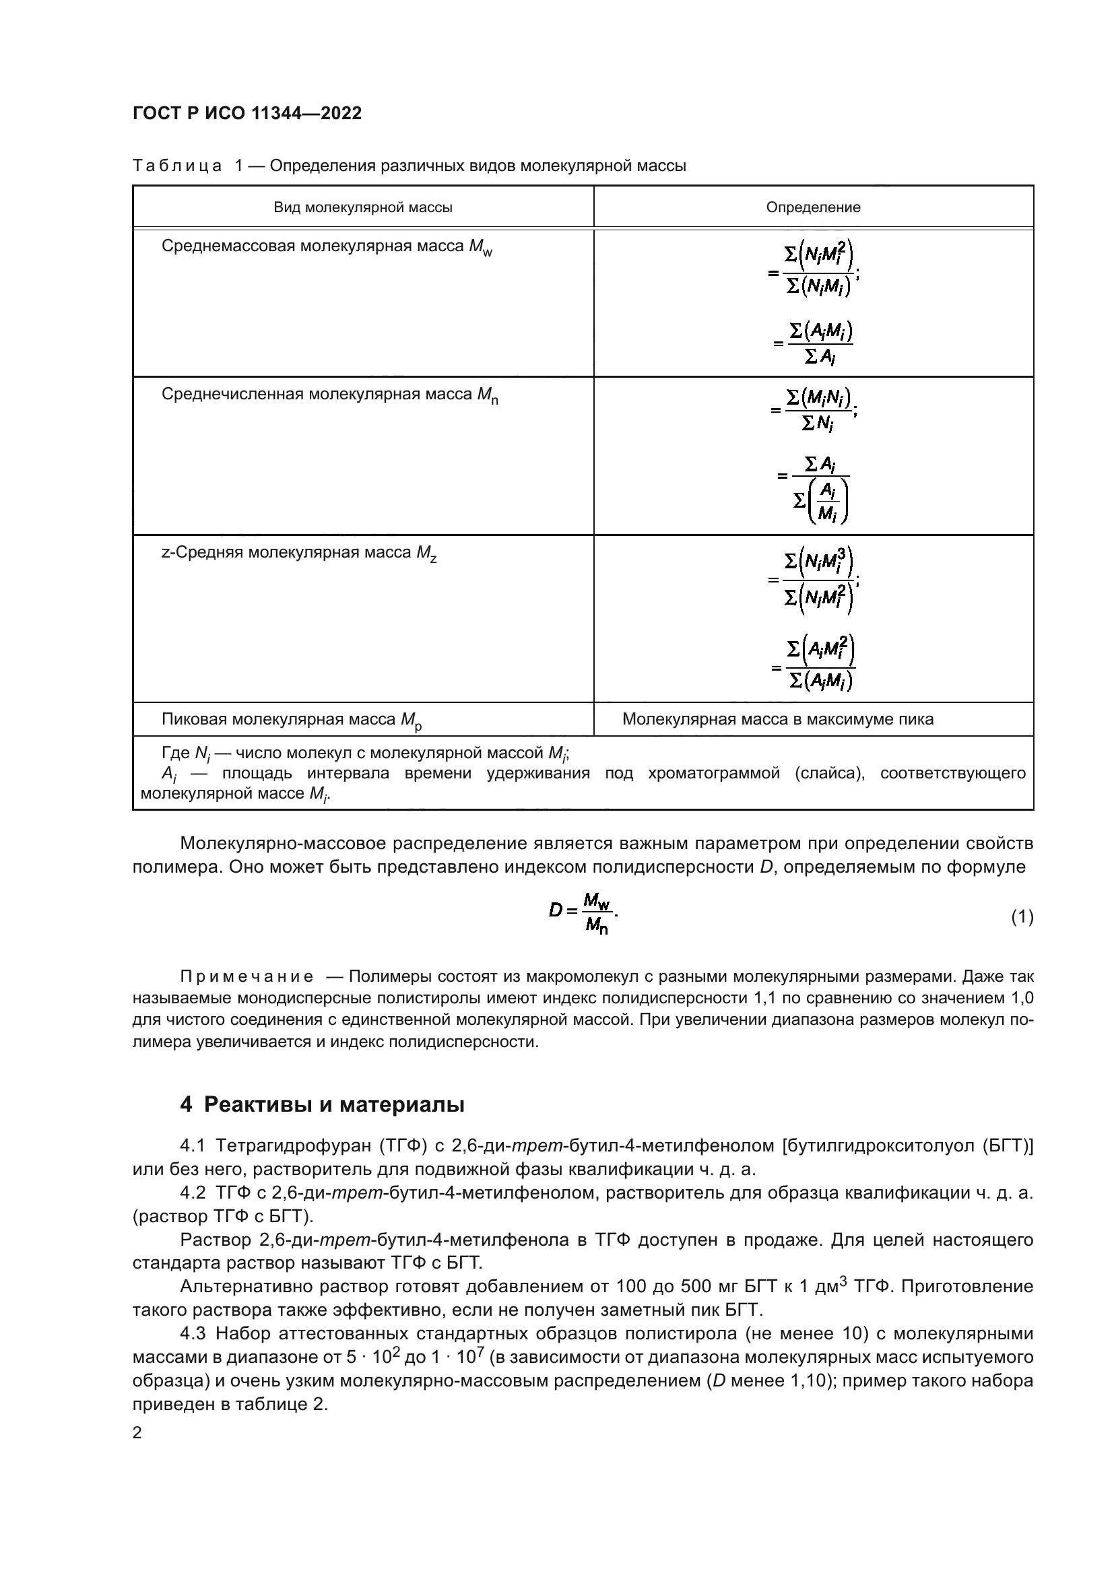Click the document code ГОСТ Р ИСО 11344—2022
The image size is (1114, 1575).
[247, 113]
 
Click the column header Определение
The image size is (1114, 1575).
[813, 207]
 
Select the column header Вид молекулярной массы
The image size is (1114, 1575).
[363, 207]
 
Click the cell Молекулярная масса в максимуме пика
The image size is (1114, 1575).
[777, 719]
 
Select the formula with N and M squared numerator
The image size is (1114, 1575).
[815, 270]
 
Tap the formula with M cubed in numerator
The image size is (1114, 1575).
[815, 580]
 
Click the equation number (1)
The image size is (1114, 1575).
[1022, 916]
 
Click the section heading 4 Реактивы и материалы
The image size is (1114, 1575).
[322, 1104]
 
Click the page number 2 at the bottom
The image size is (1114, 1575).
[137, 1432]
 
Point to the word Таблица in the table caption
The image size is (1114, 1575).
[177, 166]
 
